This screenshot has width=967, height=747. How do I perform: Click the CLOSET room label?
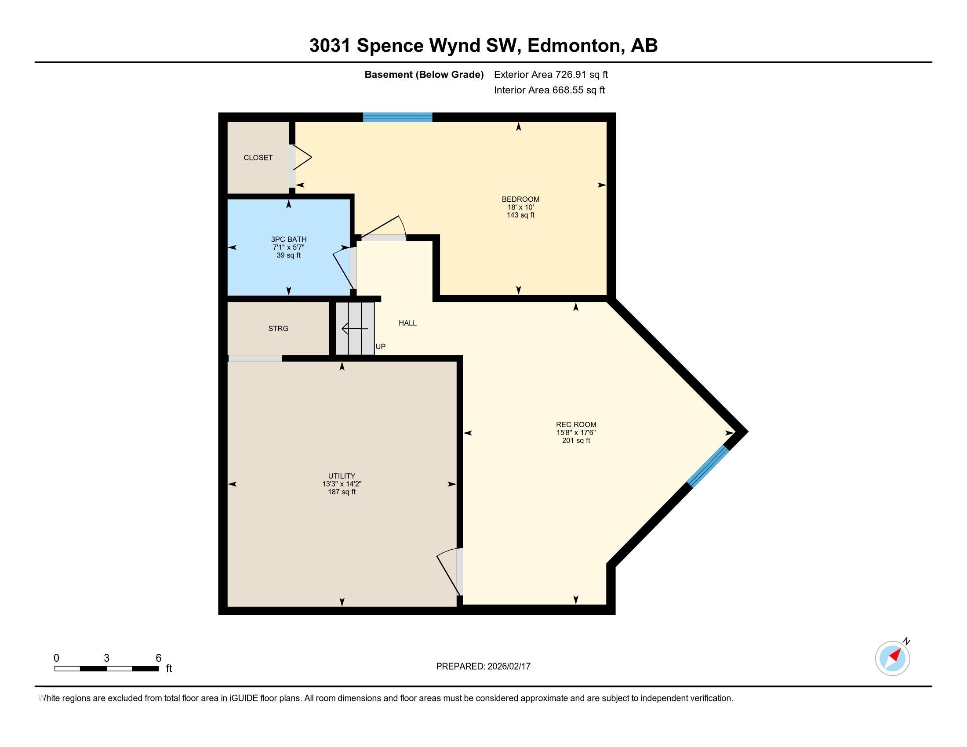click(258, 158)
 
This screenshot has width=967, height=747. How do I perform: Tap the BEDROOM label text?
click(520, 199)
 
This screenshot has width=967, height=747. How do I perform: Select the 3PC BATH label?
click(289, 239)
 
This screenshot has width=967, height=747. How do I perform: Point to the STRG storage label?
click(278, 328)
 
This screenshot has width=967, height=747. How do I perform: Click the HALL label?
click(407, 323)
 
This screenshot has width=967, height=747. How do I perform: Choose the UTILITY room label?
click(342, 476)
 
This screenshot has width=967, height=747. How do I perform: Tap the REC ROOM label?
click(576, 424)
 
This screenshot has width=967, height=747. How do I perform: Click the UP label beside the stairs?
click(380, 347)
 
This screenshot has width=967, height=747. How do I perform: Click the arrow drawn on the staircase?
click(354, 329)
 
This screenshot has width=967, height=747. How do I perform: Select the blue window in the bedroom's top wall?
click(397, 117)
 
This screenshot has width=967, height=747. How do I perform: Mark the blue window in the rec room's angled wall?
click(708, 466)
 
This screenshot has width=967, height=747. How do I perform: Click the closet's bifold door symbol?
click(302, 157)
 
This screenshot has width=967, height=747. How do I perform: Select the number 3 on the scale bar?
click(106, 658)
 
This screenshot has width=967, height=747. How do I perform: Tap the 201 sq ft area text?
click(576, 440)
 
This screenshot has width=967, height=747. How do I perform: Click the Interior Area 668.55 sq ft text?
click(549, 90)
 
